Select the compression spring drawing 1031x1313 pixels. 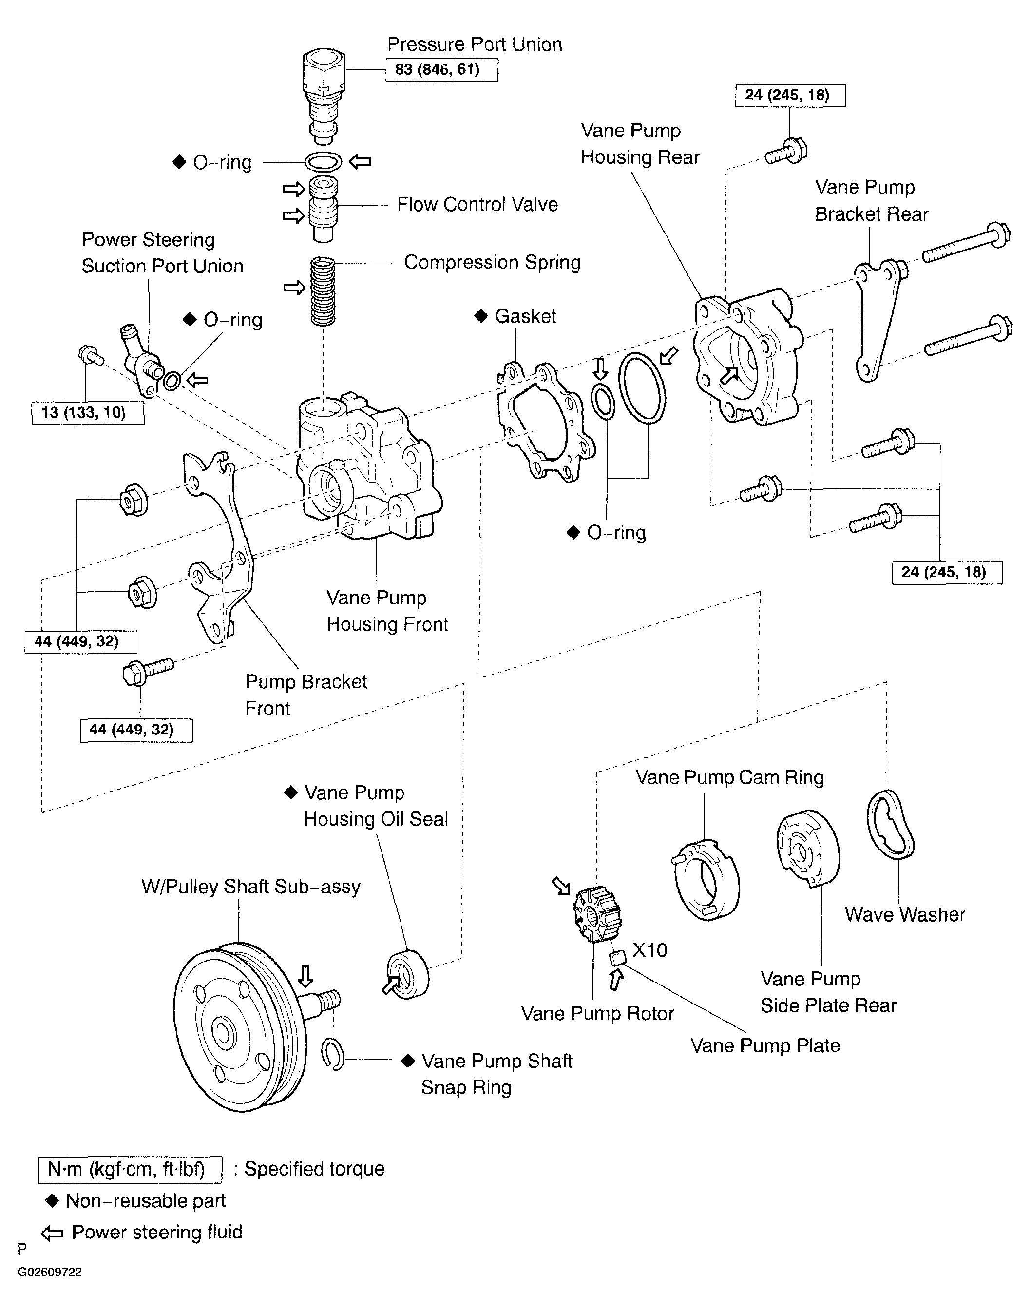pos(323,291)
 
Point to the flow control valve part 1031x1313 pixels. pos(324,210)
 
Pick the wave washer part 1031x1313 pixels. pos(890,823)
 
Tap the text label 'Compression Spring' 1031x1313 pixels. pos(492,262)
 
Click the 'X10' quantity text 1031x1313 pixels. pos(650,950)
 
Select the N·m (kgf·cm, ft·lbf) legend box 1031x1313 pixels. pos(130,1169)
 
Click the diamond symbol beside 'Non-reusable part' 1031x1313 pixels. pos(52,1201)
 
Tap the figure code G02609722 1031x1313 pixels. pos(50,1272)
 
